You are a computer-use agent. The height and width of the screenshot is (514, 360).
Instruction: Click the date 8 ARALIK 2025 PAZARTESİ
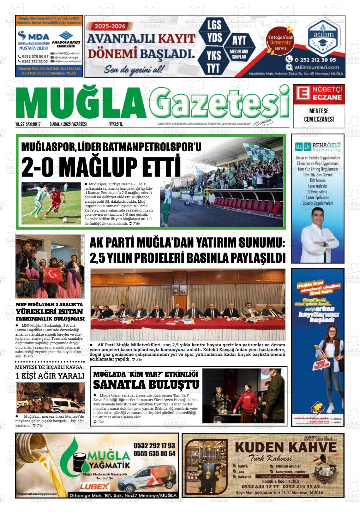68,124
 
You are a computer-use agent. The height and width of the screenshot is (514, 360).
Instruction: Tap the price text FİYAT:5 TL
116,124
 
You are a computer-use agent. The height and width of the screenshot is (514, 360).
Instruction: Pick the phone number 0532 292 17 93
154,445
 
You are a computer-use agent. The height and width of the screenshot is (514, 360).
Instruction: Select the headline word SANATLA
119,385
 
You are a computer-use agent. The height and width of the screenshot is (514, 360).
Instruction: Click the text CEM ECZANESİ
319,119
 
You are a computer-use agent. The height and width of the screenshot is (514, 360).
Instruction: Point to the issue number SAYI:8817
33,124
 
